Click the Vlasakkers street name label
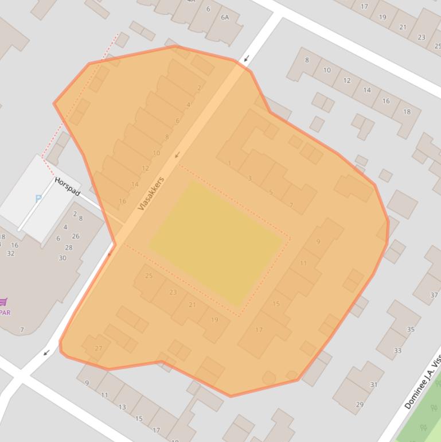pyautogui.click(x=151, y=193)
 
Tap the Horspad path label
pyautogui.click(x=67, y=186)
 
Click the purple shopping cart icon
pyautogui.click(x=3, y=302)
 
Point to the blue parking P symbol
pyautogui.click(x=38, y=199)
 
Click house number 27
pyautogui.click(x=98, y=348)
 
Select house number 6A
pyautogui.click(x=225, y=17)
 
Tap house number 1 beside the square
pyautogui.click(x=229, y=164)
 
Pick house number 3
pyautogui.click(x=249, y=179)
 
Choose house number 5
pyautogui.click(x=271, y=192)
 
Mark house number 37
pyautogui.click(x=434, y=295)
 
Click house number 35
pyautogui.click(x=411, y=329)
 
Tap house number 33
pyautogui.click(x=397, y=350)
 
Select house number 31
pyautogui.click(x=374, y=385)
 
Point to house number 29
pyautogui.click(x=360, y=405)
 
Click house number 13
pyautogui.click(x=122, y=407)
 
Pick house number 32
pyautogui.click(x=11, y=253)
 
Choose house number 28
pyautogui.click(x=69, y=247)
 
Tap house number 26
pyautogui.click(x=76, y=236)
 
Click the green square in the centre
pyautogui.click(x=216, y=242)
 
